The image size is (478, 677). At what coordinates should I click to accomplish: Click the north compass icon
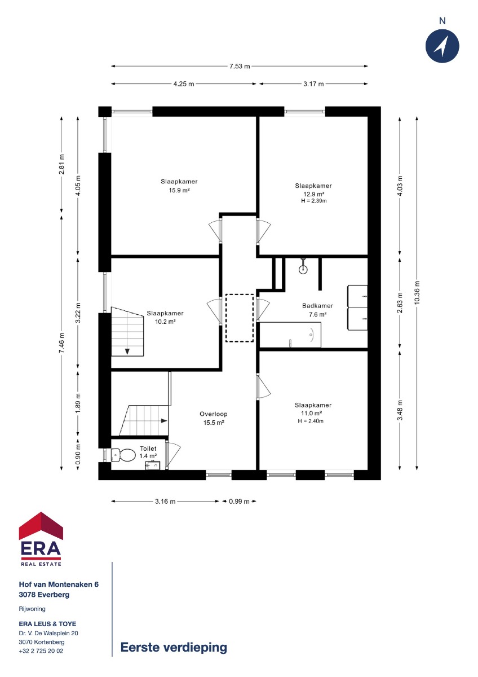pyautogui.click(x=442, y=46)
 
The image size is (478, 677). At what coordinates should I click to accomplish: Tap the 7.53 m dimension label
pyautogui.click(x=240, y=66)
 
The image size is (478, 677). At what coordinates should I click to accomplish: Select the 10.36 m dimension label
pyautogui.click(x=417, y=292)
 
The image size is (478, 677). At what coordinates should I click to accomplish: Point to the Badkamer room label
pyautogui.click(x=317, y=306)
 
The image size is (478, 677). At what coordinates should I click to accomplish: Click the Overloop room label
pyautogui.click(x=214, y=414)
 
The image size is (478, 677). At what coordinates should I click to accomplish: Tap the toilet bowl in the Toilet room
pyautogui.click(x=123, y=455)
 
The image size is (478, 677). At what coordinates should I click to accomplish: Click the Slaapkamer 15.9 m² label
pyautogui.click(x=179, y=186)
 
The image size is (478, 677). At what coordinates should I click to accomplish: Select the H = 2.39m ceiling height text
pyautogui.click(x=313, y=201)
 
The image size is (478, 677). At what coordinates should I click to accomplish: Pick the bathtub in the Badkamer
pyautogui.click(x=290, y=335)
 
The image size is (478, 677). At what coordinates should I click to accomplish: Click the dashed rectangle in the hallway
pyautogui.click(x=240, y=318)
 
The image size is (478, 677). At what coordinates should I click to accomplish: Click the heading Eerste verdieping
pyautogui.click(x=174, y=647)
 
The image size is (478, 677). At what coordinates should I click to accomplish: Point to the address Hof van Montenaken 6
pyautogui.click(x=59, y=584)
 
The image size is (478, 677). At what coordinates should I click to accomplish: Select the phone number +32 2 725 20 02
pyautogui.click(x=41, y=650)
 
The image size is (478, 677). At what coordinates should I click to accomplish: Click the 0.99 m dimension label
pyautogui.click(x=239, y=502)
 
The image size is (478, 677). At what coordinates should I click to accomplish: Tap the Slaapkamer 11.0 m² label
pyautogui.click(x=313, y=409)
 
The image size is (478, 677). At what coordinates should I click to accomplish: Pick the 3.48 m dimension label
pyautogui.click(x=400, y=410)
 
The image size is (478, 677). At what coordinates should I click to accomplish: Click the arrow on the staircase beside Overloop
pyautogui.click(x=164, y=420)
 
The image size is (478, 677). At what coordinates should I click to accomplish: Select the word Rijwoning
pyautogui.click(x=32, y=609)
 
